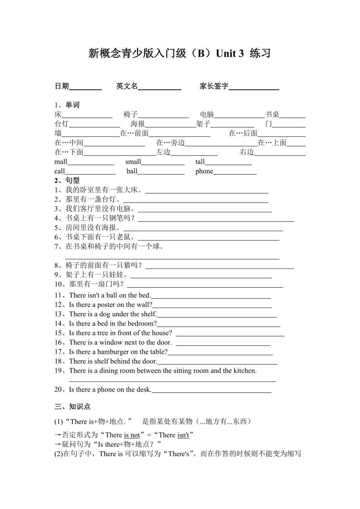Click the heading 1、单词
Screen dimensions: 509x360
67,105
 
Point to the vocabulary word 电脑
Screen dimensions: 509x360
207,115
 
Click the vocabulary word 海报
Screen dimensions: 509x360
138,124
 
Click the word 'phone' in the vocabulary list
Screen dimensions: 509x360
204,171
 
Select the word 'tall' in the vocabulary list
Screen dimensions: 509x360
200,162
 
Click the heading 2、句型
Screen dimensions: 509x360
67,181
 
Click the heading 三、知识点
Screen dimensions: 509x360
73,407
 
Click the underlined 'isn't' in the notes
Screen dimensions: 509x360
183,435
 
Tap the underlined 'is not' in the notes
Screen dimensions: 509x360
132,435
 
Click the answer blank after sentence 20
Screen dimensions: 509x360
211,391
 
